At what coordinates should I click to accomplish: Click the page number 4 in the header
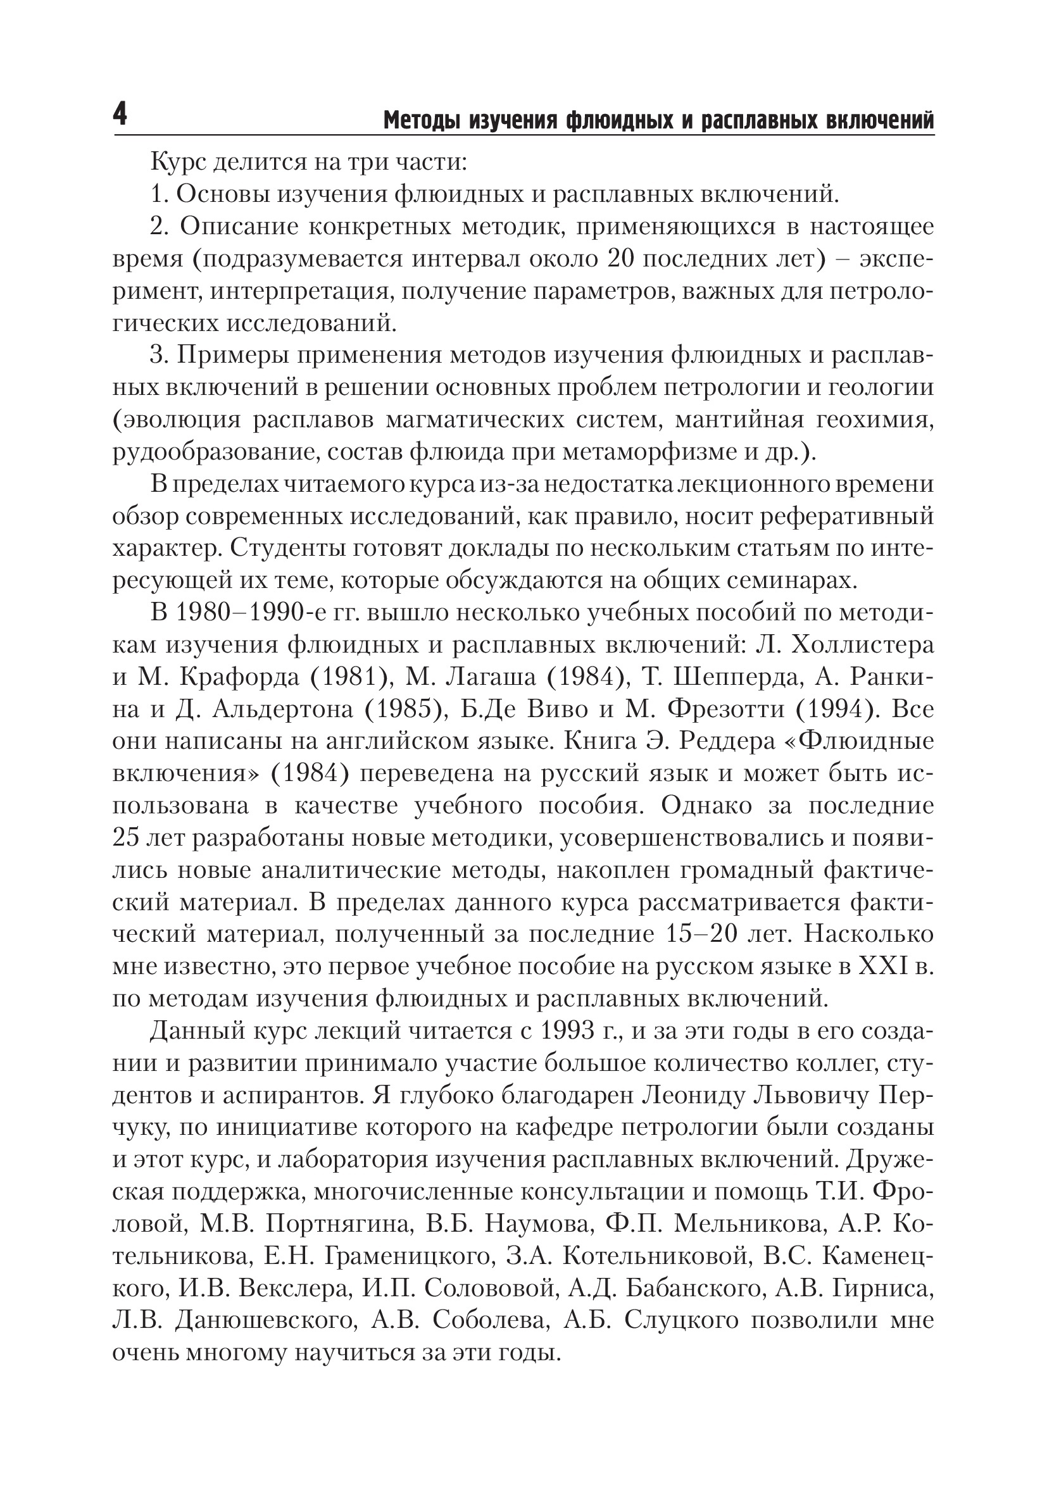pyautogui.click(x=120, y=116)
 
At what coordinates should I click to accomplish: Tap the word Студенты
pyautogui.click(x=289, y=549)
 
